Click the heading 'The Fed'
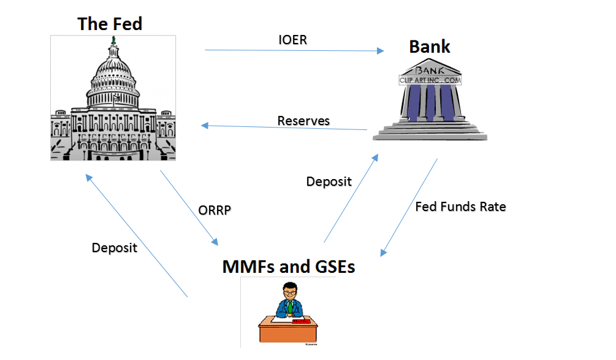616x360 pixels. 110,24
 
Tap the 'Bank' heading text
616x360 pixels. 430,47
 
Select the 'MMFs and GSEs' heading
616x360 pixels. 289,266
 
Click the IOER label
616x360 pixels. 293,40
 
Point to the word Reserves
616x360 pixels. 303,121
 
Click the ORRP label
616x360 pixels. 215,210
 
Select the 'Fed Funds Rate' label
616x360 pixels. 460,207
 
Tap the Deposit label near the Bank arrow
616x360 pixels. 329,182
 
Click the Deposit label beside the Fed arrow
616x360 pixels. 115,248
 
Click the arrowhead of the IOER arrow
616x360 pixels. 380,51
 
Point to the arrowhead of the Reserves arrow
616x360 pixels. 205,126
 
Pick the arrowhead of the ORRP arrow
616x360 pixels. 215,242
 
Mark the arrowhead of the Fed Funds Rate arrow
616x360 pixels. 384,252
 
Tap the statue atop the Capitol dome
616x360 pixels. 113,40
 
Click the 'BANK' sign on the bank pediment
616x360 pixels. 430,71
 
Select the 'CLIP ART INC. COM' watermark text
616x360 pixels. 430,80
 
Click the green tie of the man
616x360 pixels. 290,307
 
